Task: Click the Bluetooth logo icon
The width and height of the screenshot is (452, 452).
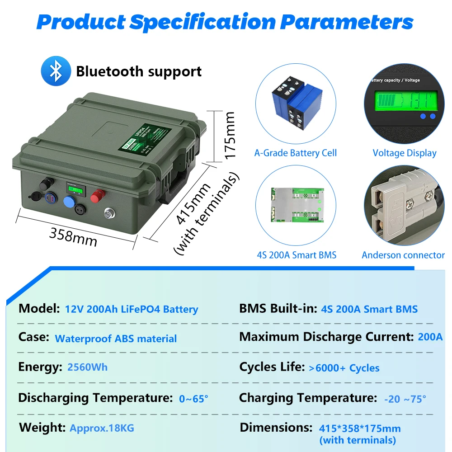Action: point(56,71)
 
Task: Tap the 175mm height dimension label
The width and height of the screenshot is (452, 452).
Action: point(230,135)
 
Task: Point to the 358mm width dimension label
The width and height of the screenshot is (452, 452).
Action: point(73,237)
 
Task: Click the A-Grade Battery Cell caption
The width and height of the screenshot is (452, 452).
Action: point(295,153)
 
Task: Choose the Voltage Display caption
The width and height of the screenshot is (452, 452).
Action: point(405,153)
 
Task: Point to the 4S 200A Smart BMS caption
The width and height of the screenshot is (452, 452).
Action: point(297,255)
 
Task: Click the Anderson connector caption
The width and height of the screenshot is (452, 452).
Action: point(403,255)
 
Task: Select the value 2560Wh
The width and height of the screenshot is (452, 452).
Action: point(87,367)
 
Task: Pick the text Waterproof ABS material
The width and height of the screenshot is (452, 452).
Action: point(116,339)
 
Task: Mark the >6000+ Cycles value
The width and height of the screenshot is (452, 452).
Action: point(344,368)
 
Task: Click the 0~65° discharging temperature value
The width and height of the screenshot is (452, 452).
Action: point(193,399)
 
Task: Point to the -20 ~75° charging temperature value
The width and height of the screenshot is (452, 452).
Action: point(405,399)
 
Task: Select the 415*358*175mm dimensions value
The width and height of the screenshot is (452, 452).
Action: point(360,428)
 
